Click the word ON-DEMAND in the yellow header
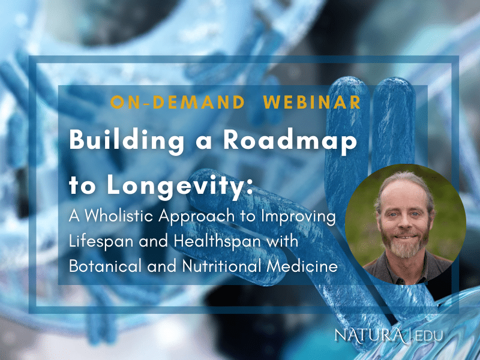(x=178, y=103)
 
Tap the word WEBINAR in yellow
(x=312, y=103)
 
